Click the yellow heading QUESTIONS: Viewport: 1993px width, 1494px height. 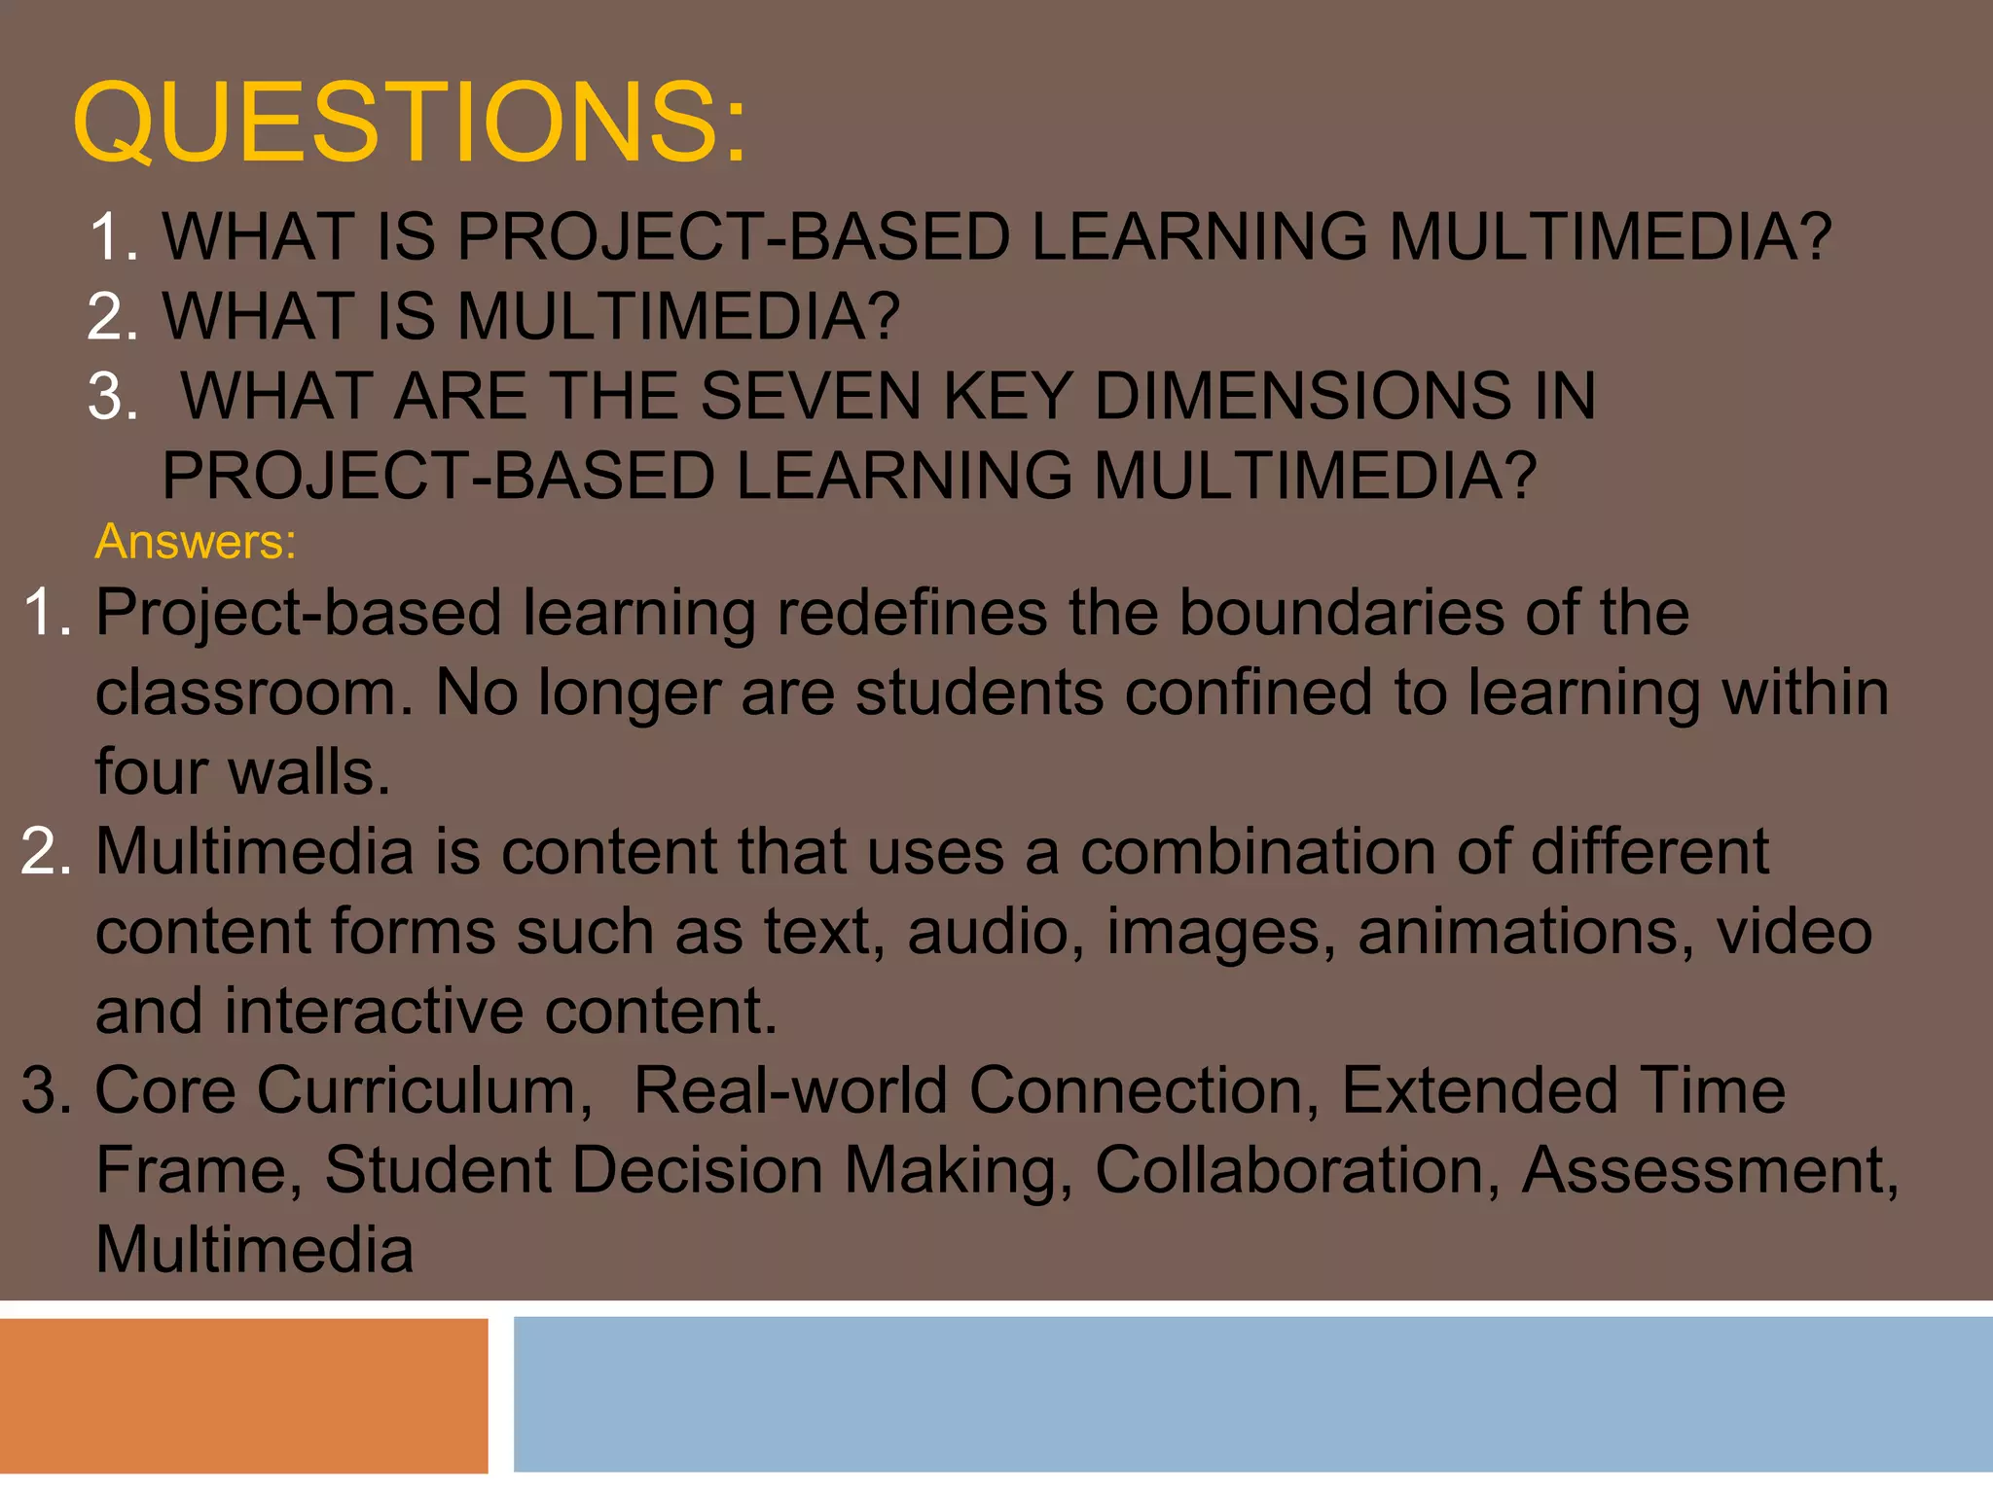pos(410,123)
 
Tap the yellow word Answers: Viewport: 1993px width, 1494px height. pos(196,542)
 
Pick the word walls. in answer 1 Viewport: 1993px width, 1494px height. pos(308,772)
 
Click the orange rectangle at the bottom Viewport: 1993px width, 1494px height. pos(243,1395)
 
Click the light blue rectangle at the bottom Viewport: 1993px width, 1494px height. pos(1252,1395)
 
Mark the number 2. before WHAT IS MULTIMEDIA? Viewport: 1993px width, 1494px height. pos(113,317)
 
